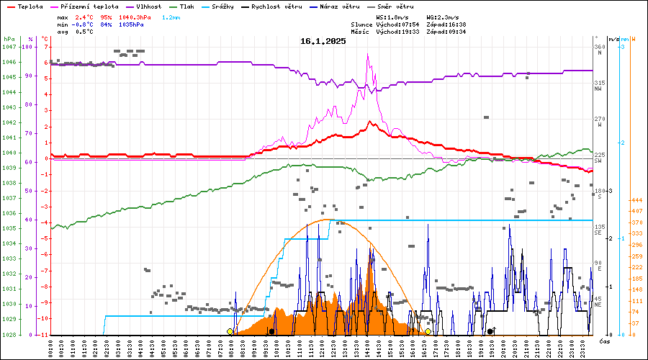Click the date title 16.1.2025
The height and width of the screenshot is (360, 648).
point(323,41)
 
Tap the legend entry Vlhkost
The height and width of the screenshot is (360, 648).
point(148,6)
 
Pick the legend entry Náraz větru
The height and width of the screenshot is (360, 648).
point(347,6)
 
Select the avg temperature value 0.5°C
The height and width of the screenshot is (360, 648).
point(84,32)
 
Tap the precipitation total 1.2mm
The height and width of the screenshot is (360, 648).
point(171,17)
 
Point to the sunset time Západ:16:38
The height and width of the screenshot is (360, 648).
point(446,24)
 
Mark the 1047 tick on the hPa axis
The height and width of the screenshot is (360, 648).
point(9,47)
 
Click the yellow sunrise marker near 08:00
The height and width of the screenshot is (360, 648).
point(230,331)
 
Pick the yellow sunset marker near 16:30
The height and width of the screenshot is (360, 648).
point(428,331)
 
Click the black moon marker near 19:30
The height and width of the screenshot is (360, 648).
point(490,331)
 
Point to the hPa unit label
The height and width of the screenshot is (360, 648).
point(9,38)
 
